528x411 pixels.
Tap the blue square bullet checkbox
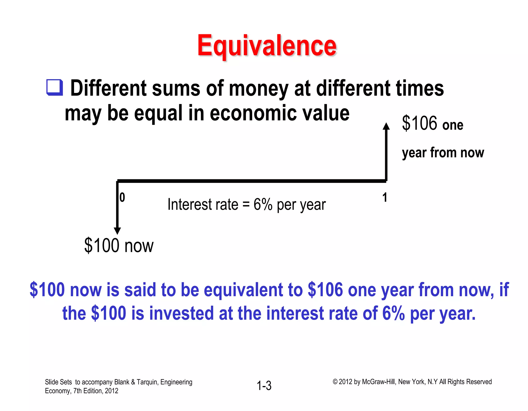[54, 88]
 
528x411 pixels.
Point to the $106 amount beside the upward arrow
[419, 123]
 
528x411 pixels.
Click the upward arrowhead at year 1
[386, 126]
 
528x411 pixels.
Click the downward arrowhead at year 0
[117, 231]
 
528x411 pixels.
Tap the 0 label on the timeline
[122, 198]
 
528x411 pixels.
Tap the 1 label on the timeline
[385, 198]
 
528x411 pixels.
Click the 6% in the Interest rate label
[263, 205]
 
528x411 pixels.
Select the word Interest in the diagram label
[190, 205]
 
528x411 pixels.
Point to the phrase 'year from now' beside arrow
[443, 152]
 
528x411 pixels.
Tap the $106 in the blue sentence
[325, 290]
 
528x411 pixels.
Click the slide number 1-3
[264, 386]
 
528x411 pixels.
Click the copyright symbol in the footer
[335, 382]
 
